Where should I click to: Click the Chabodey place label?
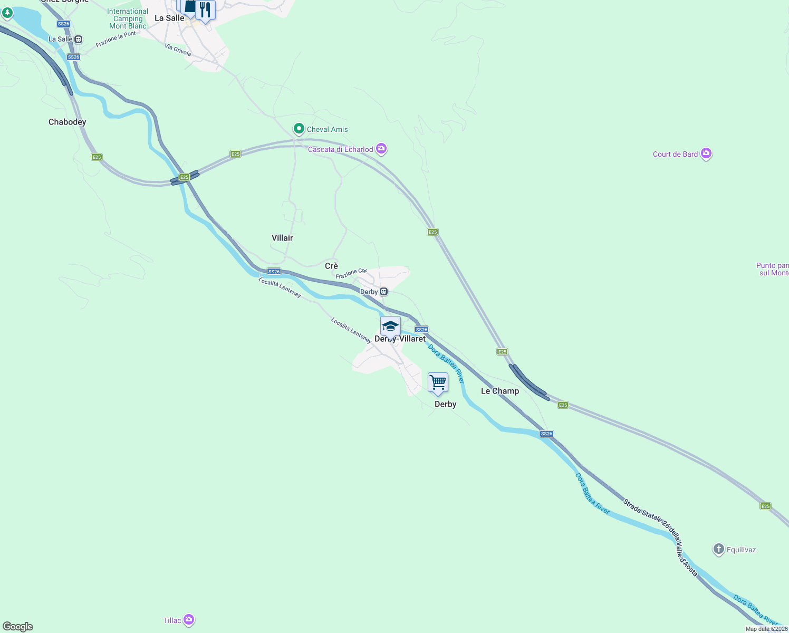click(67, 122)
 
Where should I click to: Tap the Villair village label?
click(282, 238)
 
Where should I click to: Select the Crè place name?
click(331, 266)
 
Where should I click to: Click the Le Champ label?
click(499, 391)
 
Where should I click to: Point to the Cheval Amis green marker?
click(299, 129)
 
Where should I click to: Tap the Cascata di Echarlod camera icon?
click(381, 149)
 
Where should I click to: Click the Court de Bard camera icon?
click(706, 154)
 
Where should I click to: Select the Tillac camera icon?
click(189, 620)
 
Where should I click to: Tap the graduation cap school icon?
click(390, 325)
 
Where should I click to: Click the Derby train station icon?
click(384, 292)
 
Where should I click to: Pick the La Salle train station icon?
click(79, 39)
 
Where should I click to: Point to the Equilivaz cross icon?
click(718, 549)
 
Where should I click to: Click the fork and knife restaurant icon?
click(205, 9)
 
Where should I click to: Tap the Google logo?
click(18, 626)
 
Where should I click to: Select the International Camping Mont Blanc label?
click(128, 18)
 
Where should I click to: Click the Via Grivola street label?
click(178, 50)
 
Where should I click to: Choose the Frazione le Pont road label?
click(116, 39)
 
